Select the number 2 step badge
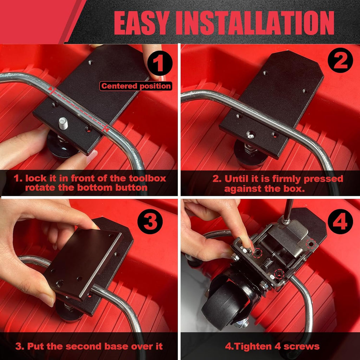pos(340,60)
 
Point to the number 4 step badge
pos(340,221)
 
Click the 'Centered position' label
pos(136,86)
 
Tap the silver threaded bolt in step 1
pos(63,123)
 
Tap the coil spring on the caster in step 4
pos(268,263)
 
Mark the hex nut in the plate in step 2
pos(250,135)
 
